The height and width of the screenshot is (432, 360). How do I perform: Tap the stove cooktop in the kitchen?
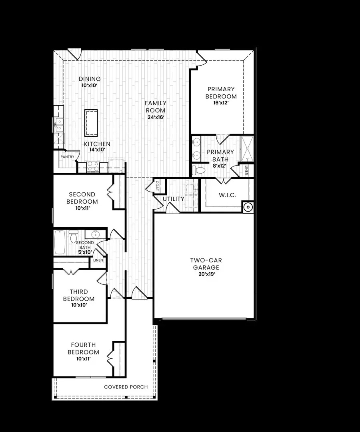pos(93,166)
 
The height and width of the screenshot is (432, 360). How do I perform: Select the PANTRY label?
pos(67,157)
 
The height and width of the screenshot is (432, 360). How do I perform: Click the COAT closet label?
pos(158,186)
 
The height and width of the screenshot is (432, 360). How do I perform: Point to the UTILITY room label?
pos(174,199)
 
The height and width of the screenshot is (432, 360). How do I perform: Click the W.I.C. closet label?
pos(227,195)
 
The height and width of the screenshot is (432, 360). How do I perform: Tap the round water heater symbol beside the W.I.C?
pos(248,207)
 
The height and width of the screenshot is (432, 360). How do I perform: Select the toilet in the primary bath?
pos(198,170)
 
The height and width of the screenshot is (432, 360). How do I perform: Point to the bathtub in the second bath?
pos(60,242)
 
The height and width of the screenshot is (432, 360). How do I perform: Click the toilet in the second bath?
pos(74,237)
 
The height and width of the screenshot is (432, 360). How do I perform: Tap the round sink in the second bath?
pos(96,234)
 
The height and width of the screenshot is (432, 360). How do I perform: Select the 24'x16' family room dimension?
pos(156,117)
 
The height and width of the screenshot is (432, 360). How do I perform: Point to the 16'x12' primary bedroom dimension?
pos(221,103)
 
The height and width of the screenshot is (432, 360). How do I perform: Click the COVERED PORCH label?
pos(126,387)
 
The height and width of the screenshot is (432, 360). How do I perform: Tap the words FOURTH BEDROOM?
pos(83,348)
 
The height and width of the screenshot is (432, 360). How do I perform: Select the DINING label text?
pos(90,79)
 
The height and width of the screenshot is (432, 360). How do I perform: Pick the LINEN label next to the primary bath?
pos(247,170)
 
